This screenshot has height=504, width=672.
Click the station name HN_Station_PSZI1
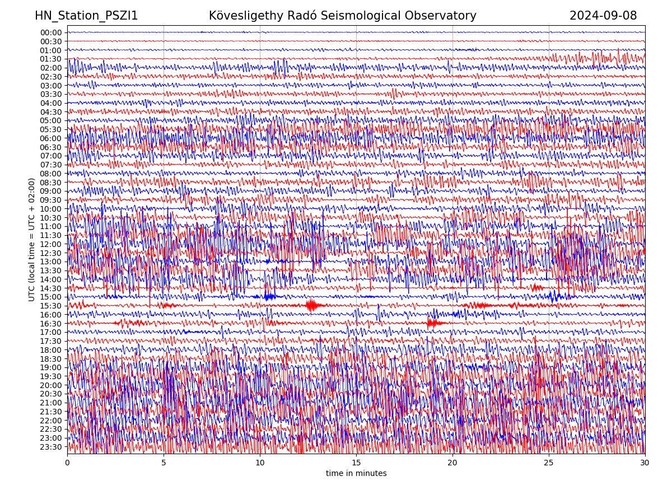[86, 16]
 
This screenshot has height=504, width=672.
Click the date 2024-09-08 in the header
[603, 16]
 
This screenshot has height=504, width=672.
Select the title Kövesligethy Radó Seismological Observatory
[342, 16]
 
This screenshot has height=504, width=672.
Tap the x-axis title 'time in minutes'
[356, 474]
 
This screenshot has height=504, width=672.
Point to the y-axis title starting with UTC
[32, 240]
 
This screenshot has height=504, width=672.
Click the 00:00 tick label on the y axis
[51, 32]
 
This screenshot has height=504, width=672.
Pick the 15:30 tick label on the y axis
[51, 306]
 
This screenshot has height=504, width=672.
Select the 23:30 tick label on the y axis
[51, 447]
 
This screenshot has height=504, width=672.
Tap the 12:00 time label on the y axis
[51, 244]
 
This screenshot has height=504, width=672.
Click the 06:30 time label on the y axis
[51, 147]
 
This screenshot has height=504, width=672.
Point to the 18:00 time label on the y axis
[51, 350]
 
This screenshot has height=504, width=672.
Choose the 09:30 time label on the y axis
[51, 200]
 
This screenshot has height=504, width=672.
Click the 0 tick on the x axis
[67, 463]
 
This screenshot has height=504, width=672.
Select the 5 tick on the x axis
[164, 463]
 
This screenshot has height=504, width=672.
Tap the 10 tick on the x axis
[260, 463]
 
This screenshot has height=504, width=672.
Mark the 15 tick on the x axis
[356, 463]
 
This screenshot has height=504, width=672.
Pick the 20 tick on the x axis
[452, 463]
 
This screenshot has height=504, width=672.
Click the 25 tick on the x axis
[549, 463]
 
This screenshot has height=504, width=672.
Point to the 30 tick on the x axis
[645, 463]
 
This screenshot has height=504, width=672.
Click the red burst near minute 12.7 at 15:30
[311, 305]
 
